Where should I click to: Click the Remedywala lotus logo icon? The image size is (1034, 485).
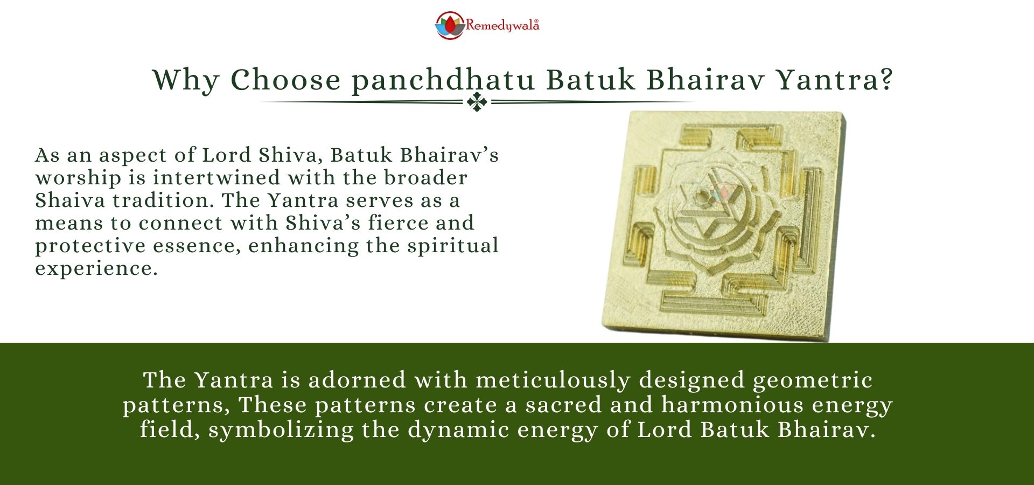tap(450, 25)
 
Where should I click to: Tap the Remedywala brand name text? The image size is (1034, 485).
tap(502, 25)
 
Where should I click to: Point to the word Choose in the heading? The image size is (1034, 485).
tap(285, 80)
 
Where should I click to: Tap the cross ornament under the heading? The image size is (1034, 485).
tap(477, 101)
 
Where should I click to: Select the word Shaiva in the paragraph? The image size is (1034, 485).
tap(70, 200)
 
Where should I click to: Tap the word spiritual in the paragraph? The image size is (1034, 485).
tap(452, 246)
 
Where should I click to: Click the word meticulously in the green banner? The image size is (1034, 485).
tap(553, 381)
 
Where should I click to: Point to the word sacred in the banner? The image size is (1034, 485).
tap(563, 405)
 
